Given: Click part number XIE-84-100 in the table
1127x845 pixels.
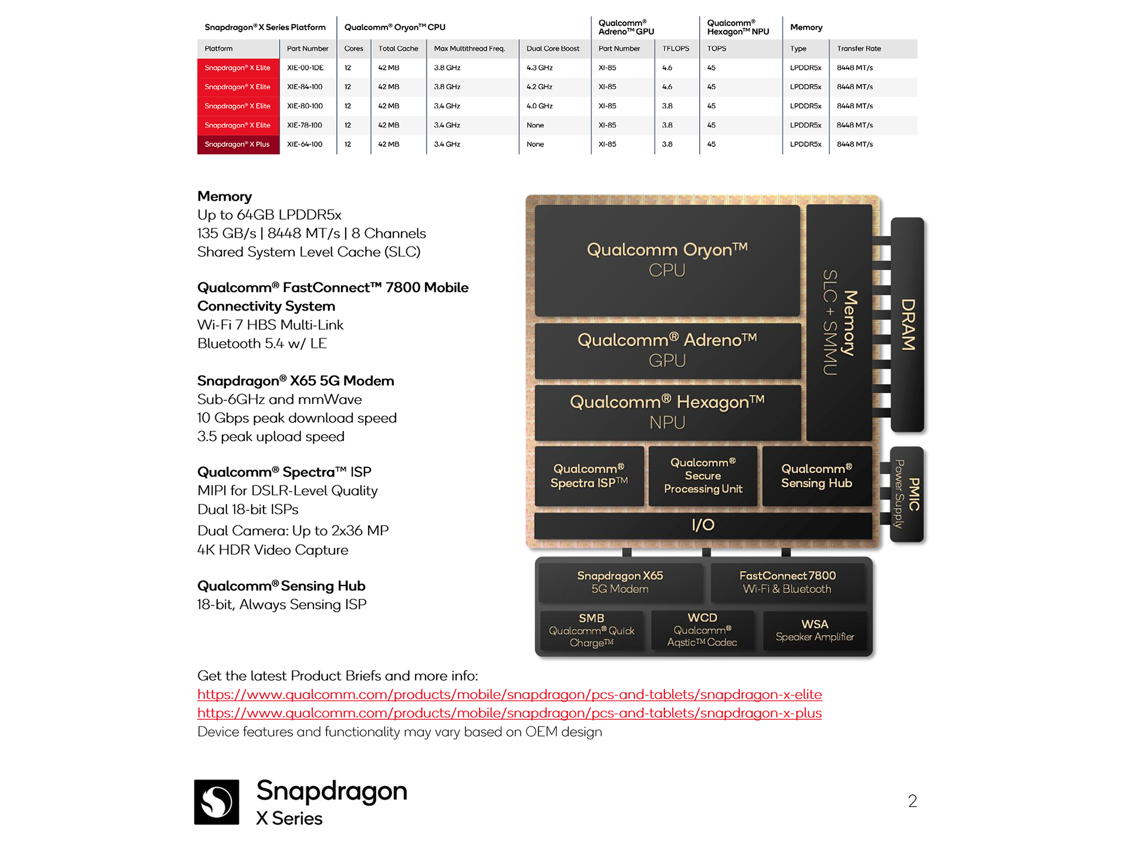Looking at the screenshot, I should [305, 87].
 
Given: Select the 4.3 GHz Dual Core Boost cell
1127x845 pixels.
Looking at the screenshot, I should [539, 68].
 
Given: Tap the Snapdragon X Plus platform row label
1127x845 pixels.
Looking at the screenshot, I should [238, 144].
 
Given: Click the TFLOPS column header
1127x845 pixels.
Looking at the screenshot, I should [676, 49].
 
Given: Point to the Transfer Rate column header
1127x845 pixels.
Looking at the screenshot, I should [859, 49].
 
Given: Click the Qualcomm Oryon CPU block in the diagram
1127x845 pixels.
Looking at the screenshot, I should [667, 260].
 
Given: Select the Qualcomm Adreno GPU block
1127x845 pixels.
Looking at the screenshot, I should [667, 350].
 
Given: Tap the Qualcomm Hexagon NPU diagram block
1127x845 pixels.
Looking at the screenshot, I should [667, 412].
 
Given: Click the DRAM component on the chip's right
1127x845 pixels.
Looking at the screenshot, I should [907, 324].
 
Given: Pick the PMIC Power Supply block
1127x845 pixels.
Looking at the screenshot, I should [907, 494].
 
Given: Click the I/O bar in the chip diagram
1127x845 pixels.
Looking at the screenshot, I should [703, 525].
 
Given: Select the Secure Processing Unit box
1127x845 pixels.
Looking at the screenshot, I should [703, 476].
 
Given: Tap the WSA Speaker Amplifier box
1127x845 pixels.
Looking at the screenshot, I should [815, 631].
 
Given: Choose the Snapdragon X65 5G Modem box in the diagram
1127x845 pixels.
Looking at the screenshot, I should [620, 582].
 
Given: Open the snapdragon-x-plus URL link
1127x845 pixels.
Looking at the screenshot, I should [509, 713].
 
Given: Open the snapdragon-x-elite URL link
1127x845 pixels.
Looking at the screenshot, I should [509, 694].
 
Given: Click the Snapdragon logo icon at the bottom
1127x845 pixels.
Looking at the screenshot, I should [217, 802].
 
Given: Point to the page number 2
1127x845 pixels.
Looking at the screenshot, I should [912, 801].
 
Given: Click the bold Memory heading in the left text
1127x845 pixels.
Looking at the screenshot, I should [224, 196].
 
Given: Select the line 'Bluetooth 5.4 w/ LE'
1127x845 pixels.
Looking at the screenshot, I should [262, 344].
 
